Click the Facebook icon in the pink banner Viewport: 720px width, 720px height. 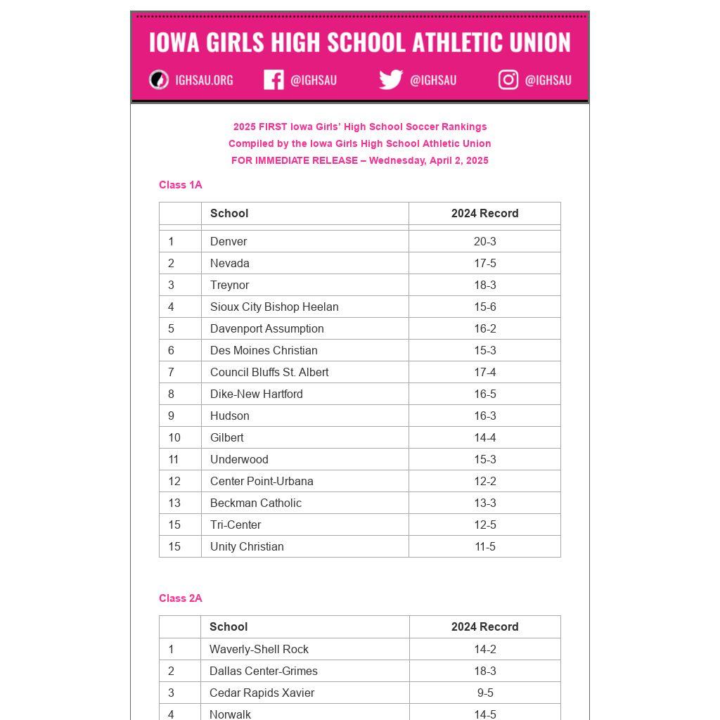(x=274, y=79)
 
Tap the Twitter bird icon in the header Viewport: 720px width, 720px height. (x=391, y=79)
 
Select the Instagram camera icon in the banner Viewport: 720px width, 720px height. (x=508, y=79)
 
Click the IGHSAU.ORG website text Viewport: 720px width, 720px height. (x=204, y=80)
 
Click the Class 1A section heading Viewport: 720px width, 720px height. (x=181, y=185)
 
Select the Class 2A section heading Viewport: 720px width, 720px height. (x=181, y=598)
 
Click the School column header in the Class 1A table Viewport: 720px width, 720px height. (x=229, y=213)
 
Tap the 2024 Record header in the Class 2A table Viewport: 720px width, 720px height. (x=484, y=626)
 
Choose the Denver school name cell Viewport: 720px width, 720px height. (x=229, y=241)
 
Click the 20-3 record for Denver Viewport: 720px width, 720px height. (x=484, y=241)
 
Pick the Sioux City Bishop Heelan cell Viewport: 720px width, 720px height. (x=274, y=307)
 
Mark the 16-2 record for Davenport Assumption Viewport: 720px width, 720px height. (x=484, y=328)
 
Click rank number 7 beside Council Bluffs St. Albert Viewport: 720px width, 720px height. (x=171, y=372)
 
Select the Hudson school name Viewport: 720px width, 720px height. (x=230, y=416)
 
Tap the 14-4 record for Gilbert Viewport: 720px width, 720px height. (x=484, y=437)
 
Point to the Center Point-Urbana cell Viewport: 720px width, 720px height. (x=262, y=481)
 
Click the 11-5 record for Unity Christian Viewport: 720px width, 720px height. (x=484, y=546)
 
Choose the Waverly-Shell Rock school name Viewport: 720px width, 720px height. (x=259, y=649)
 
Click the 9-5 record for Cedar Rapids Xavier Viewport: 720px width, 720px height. (x=484, y=693)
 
